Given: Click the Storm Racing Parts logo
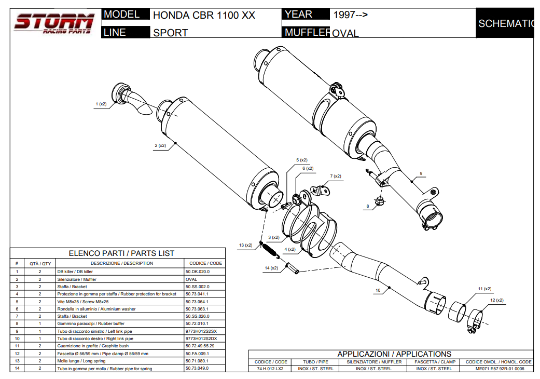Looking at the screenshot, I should pyautogui.click(x=54, y=24).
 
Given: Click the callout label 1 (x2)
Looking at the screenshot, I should pyautogui.click(x=101, y=104).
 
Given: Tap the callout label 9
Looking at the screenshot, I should pyautogui.click(x=421, y=173).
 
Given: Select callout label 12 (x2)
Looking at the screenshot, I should pyautogui.click(x=496, y=300).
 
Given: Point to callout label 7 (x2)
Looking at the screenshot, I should pyautogui.click(x=336, y=176).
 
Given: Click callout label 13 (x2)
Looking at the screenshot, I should pyautogui.click(x=245, y=245).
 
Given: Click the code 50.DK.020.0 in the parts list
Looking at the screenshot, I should pyautogui.click(x=197, y=272).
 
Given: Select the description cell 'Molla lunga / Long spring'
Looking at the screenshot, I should pyautogui.click(x=81, y=361).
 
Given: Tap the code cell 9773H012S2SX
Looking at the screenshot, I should pyautogui.click(x=201, y=331).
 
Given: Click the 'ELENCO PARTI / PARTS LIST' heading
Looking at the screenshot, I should pyautogui.click(x=121, y=253).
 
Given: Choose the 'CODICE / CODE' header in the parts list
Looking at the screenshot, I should pyautogui.click(x=205, y=263).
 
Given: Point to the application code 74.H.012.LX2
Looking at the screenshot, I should pyautogui.click(x=270, y=369).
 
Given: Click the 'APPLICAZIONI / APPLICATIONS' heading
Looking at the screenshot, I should pyautogui.click(x=394, y=354).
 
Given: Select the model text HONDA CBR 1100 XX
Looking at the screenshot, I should pyautogui.click(x=204, y=15).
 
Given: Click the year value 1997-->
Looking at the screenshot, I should pyautogui.click(x=350, y=15).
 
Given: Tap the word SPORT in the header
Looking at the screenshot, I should pyautogui.click(x=170, y=33).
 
